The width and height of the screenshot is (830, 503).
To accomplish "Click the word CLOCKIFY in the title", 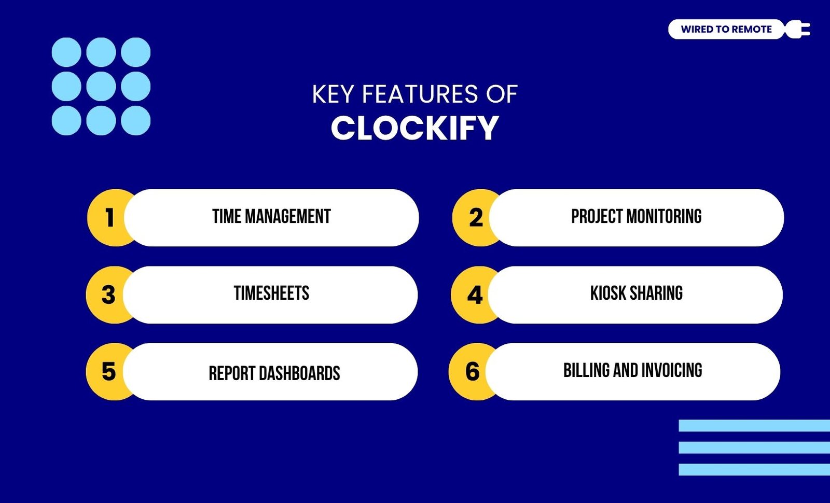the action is pos(414,128).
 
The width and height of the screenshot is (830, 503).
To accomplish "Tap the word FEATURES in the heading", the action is pos(420,94).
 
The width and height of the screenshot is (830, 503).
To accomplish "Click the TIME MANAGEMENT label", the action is pos(271,217).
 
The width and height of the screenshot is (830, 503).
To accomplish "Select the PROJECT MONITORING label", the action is pos(636,217).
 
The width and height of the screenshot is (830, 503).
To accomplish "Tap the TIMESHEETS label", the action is pos(271,293).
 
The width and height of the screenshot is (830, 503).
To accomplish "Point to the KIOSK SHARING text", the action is pos(636,293).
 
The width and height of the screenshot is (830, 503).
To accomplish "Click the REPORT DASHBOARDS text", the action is pos(274,373).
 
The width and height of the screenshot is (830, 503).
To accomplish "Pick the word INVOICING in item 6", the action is pos(671,370).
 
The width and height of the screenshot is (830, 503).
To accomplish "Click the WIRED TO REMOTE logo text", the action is pos(726,29).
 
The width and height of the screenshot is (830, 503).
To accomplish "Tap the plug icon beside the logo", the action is pos(798,29).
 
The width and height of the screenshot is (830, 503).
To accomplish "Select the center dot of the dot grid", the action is pos(101,86).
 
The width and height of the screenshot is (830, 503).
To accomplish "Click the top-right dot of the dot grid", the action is pos(135,52).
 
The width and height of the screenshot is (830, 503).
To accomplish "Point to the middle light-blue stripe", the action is pos(754,448).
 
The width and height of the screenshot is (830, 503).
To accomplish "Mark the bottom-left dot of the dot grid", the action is pos(66,120).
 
